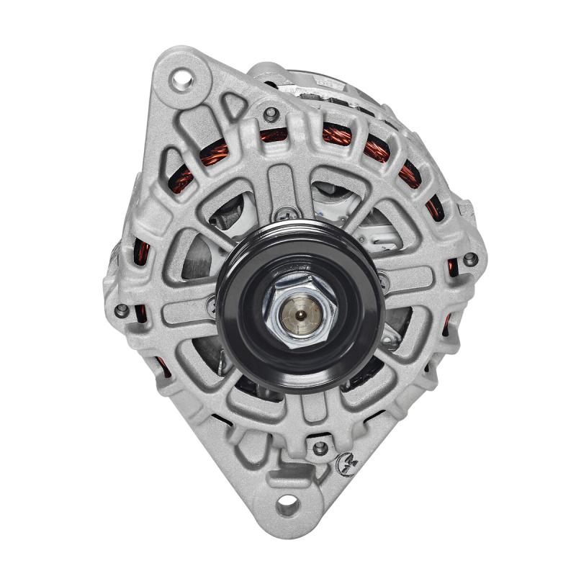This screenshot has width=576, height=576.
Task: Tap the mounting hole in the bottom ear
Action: tap(287, 505)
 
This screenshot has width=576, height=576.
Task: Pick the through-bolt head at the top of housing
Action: tap(271, 114)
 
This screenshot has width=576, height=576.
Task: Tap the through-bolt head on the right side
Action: tap(469, 258)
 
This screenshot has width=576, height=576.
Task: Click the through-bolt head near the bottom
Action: tap(320, 448)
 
